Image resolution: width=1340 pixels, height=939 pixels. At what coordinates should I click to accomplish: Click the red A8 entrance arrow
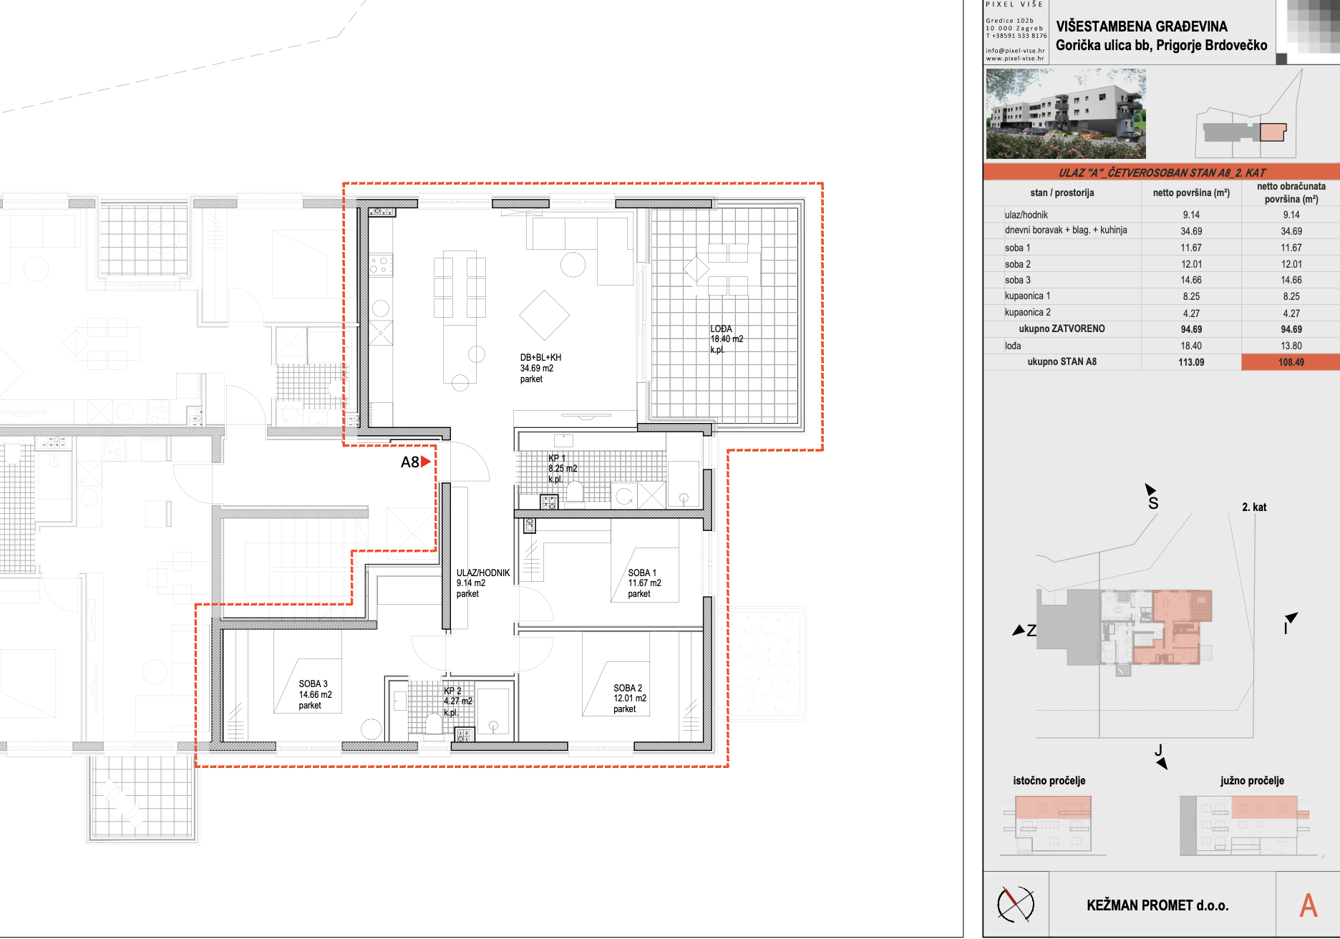(x=426, y=462)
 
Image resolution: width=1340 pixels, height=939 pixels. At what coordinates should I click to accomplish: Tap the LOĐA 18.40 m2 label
(x=727, y=339)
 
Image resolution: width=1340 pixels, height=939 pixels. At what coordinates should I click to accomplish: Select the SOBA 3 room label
(x=315, y=694)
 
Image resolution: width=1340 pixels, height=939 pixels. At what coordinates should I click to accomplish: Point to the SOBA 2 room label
(x=629, y=699)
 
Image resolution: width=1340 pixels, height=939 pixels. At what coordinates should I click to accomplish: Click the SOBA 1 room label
(x=644, y=583)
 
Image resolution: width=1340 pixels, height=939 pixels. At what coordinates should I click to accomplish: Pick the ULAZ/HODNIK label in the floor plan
(x=483, y=583)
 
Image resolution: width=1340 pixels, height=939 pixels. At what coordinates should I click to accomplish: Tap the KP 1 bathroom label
(x=563, y=469)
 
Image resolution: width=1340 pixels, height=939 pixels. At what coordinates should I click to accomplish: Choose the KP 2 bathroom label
(x=458, y=701)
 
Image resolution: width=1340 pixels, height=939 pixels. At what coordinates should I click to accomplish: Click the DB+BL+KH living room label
(x=540, y=368)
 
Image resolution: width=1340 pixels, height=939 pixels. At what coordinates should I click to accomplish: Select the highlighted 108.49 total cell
(x=1291, y=362)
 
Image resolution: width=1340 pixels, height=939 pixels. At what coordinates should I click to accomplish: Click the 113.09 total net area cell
(x=1191, y=362)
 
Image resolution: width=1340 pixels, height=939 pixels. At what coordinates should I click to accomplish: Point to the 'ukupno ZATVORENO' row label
(x=1062, y=329)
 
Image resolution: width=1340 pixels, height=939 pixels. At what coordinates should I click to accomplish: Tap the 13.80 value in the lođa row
(x=1291, y=346)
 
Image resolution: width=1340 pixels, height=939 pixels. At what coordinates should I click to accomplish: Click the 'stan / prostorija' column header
(x=1062, y=193)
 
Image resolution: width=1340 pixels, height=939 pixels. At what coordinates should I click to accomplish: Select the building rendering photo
(x=1066, y=114)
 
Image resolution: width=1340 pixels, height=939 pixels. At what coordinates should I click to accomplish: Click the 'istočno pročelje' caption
(x=1049, y=780)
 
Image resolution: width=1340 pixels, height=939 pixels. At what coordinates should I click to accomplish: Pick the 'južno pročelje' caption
(x=1252, y=780)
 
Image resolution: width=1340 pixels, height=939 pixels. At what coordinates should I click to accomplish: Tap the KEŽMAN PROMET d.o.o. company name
(x=1157, y=905)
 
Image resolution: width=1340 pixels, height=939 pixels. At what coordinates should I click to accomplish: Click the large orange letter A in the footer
(x=1309, y=905)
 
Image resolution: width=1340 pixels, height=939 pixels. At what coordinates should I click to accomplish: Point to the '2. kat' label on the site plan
(x=1254, y=507)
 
